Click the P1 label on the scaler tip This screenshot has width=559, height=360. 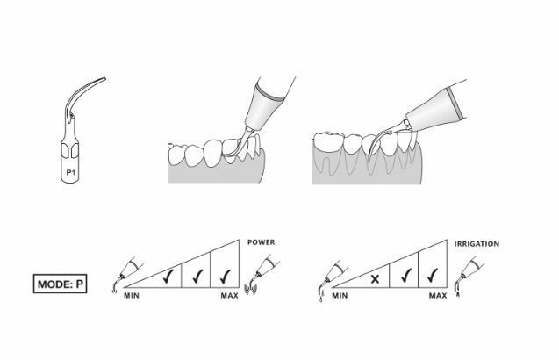(x=70, y=172)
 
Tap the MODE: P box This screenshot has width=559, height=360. (x=60, y=284)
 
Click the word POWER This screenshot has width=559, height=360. (x=262, y=242)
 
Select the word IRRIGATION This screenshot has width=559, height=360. (x=477, y=244)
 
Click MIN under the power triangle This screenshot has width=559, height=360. (x=132, y=296)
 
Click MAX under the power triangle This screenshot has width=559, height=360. (x=230, y=296)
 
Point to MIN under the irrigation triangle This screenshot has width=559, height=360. (x=340, y=296)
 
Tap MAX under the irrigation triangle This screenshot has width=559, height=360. (x=438, y=296)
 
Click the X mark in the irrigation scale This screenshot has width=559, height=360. (x=375, y=279)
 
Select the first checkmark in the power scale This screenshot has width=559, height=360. (x=168, y=277)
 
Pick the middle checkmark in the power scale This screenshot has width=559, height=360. (x=197, y=277)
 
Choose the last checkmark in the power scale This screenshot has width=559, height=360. (x=226, y=277)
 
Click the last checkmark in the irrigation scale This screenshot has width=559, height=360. (x=433, y=275)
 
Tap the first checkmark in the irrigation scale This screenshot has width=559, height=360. (x=405, y=275)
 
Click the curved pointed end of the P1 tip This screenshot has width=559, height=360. (x=104, y=78)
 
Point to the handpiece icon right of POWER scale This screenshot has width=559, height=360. (x=262, y=274)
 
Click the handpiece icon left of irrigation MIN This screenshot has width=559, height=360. (x=333, y=280)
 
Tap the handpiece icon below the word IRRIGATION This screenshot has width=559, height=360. (x=469, y=276)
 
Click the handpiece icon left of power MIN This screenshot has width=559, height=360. (x=127, y=274)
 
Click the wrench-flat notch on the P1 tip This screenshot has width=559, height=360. (x=70, y=150)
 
